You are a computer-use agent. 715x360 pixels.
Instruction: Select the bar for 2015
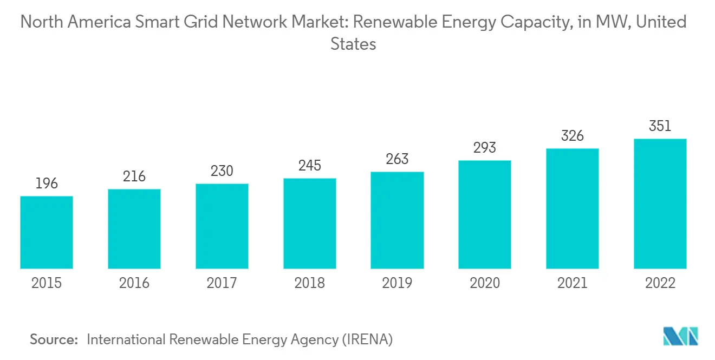[47, 232]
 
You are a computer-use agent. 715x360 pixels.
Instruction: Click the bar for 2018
[310, 224]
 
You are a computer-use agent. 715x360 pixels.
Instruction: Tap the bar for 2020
[485, 214]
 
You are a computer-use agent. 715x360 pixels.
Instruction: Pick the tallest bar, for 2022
[660, 204]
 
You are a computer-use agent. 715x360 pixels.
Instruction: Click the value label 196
[47, 184]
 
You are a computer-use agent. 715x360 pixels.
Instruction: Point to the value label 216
[134, 176]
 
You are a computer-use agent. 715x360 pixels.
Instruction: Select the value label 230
[222, 171]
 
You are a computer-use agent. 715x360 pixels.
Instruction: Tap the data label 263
[397, 159]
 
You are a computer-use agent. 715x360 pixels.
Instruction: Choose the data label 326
[573, 136]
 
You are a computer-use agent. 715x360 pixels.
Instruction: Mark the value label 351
[660, 126]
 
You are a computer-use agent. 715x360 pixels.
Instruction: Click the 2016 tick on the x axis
[134, 283]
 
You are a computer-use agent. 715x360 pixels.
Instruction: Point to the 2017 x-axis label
[222, 283]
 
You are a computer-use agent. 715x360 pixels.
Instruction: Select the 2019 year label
[397, 283]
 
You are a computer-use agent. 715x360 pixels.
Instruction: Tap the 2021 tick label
[573, 283]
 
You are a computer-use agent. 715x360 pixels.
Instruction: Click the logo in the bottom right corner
[681, 336]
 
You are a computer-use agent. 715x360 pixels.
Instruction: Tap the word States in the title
[353, 44]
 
